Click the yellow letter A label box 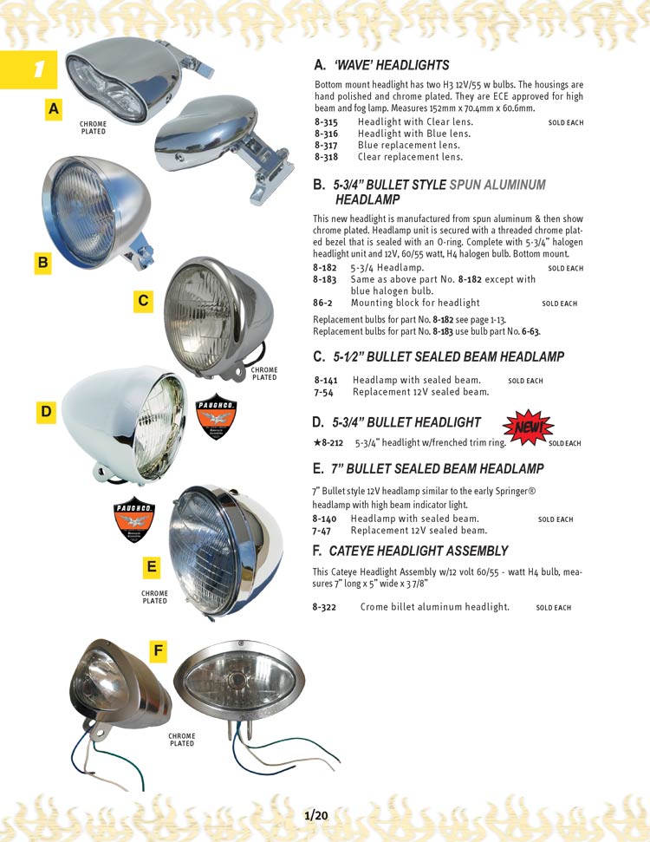[55, 109]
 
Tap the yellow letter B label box [42, 262]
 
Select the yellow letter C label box [143, 301]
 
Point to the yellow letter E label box [152, 567]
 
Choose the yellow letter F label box [157, 650]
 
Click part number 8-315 [326, 123]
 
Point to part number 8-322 [326, 607]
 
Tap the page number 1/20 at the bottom [316, 815]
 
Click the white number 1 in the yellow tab [38, 70]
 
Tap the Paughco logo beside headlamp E [134, 522]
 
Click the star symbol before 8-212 [316, 442]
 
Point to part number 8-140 [326, 519]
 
